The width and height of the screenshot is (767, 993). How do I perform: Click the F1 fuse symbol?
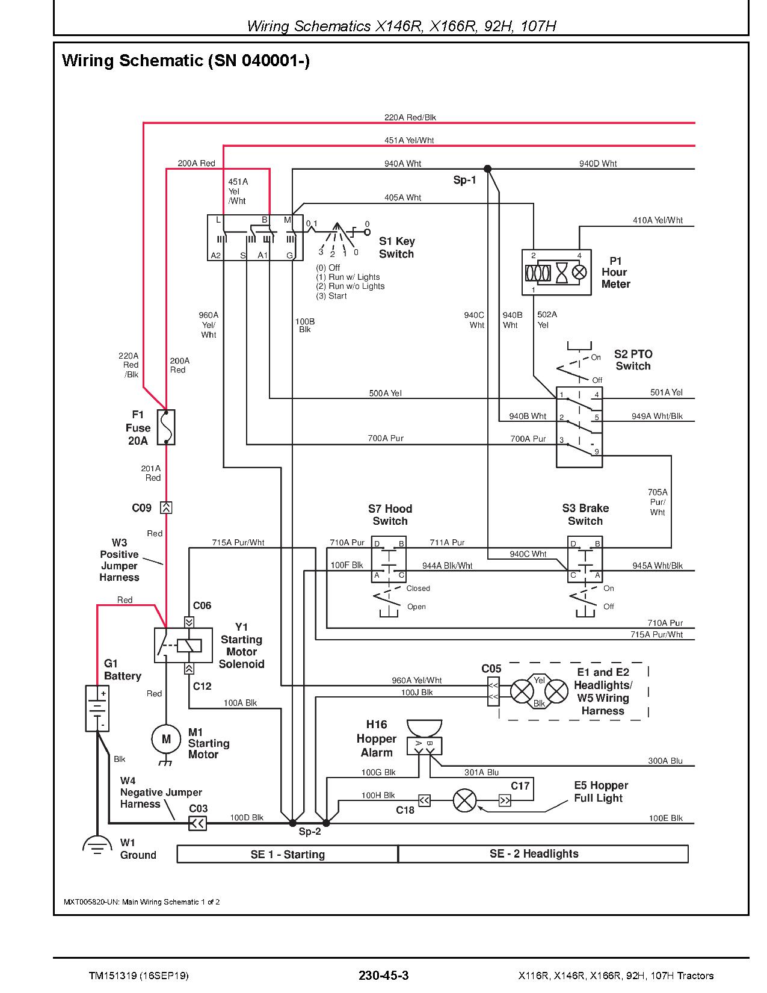point(166,427)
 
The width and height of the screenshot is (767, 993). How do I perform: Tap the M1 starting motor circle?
point(166,740)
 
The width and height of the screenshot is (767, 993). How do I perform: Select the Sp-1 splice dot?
point(487,169)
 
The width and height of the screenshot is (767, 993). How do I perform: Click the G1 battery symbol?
point(97,709)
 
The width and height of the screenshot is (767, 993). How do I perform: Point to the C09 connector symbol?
point(166,507)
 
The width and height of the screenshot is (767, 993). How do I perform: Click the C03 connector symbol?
point(197,824)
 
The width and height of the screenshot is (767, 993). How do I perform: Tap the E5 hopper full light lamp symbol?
point(464,800)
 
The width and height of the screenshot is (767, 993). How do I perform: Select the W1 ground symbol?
point(97,845)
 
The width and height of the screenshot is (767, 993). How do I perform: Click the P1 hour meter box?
point(556,273)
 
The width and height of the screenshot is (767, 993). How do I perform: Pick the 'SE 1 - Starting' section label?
point(288,855)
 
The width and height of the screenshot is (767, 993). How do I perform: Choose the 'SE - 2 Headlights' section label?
point(534,853)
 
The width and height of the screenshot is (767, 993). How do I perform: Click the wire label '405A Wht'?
point(402,197)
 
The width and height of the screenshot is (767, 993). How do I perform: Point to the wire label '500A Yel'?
point(385,393)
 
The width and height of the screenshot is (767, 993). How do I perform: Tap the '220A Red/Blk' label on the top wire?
point(410,117)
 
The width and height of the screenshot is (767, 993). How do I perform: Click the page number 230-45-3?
point(384,976)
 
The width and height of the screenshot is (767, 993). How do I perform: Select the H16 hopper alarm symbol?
point(424,738)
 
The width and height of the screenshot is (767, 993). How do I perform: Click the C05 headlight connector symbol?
point(493,691)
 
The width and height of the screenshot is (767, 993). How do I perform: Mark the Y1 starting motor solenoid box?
point(183,645)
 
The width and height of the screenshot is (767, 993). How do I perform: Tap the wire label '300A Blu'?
point(665,761)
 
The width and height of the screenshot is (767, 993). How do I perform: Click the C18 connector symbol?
point(424,800)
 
